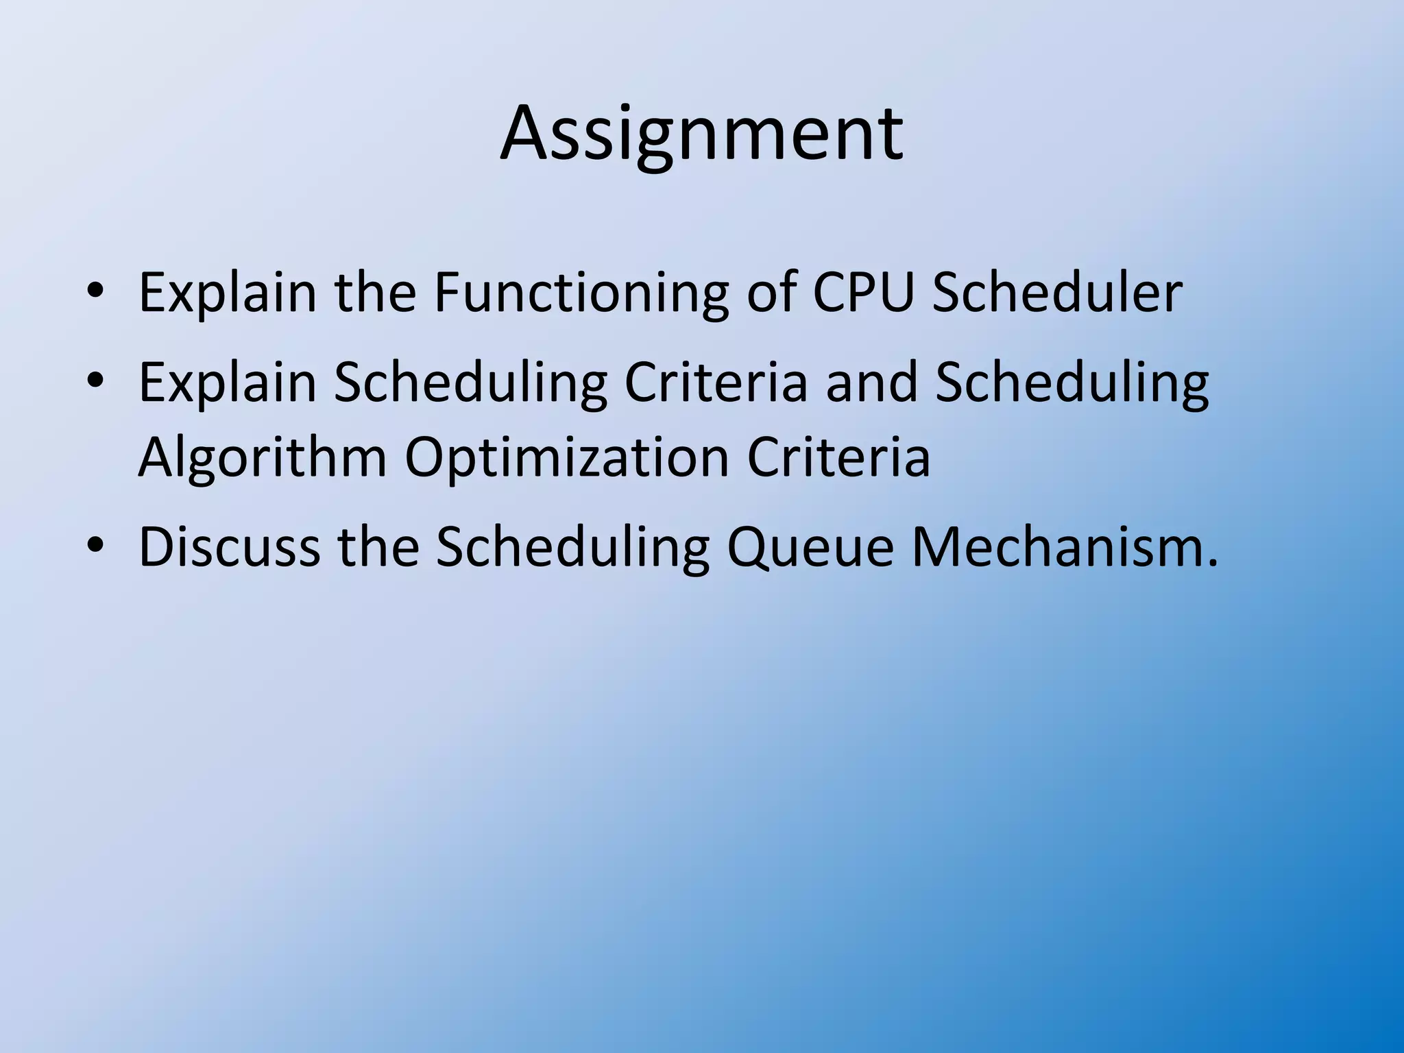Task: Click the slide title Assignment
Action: pyautogui.click(x=701, y=134)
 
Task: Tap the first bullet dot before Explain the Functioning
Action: pyautogui.click(x=95, y=293)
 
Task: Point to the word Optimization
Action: pyautogui.click(x=566, y=458)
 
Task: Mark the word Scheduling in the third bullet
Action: pyautogui.click(x=573, y=547)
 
